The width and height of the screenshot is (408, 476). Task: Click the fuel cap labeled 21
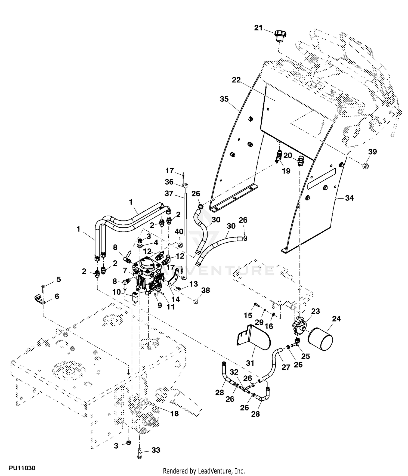point(279,36)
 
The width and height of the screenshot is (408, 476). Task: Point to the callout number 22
point(236,80)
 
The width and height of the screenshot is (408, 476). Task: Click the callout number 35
point(224,99)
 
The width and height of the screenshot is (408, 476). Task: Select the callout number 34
point(349,198)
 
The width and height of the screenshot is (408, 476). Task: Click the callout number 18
point(174,414)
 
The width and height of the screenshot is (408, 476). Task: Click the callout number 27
point(286,367)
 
